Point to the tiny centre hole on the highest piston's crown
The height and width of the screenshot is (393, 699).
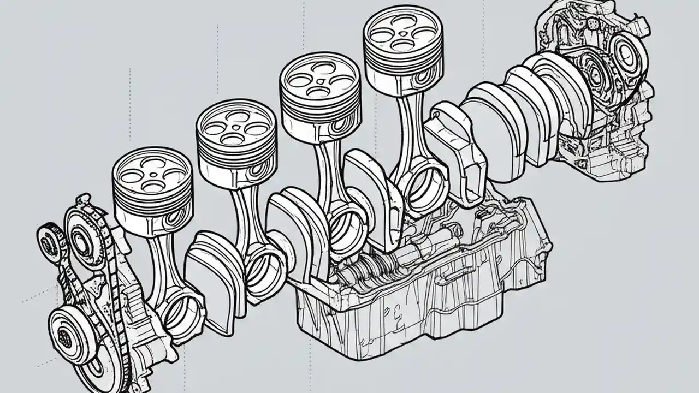[403, 32]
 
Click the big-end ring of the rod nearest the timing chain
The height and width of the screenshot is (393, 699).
[183, 313]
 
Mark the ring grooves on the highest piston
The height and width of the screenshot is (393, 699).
[403, 63]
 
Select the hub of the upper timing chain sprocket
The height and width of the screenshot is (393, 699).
[82, 240]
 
